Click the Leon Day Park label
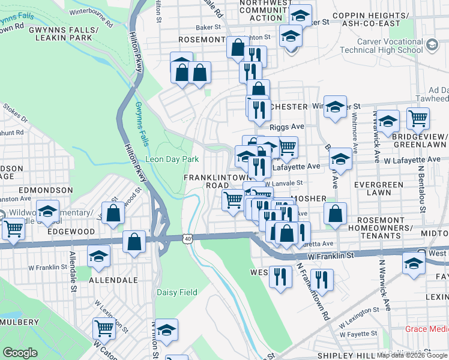coord(172,160)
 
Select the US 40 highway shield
coord(188,238)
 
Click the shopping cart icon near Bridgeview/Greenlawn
coord(418,118)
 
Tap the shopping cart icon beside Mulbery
coord(104,328)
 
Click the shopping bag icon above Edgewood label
coord(113,213)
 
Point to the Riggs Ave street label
coord(287,127)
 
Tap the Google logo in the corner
coord(20,353)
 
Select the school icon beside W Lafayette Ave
coord(340,159)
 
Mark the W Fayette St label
coord(358,332)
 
